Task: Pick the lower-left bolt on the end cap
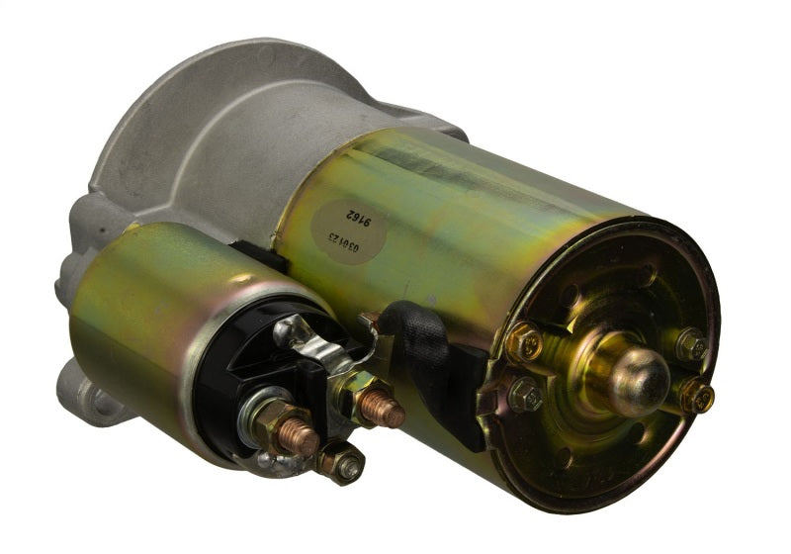(525, 396)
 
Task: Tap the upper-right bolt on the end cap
(690, 344)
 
